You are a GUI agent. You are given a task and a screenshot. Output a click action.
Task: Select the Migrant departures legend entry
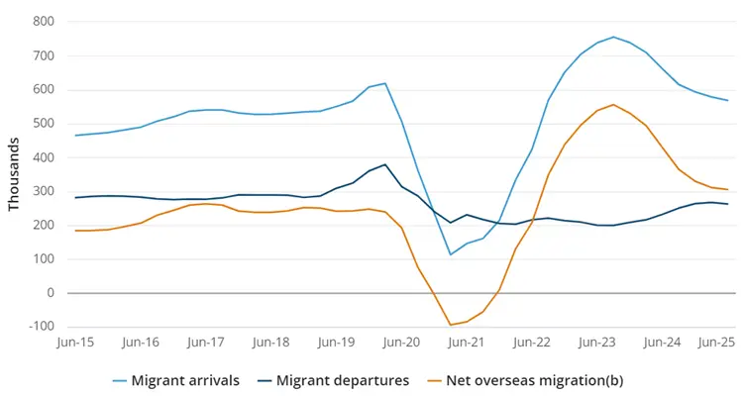pos(343,379)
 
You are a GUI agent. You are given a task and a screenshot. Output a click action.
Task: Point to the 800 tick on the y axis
pos(42,21)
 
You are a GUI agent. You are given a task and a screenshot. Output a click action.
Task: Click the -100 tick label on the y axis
pos(39,327)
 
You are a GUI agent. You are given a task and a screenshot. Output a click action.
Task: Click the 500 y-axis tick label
pos(42,123)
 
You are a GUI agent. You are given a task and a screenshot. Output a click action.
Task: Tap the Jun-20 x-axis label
pos(401,342)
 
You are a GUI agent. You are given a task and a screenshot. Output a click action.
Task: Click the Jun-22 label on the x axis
pos(531,342)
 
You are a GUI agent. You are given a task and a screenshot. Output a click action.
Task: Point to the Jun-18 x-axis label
pos(270,342)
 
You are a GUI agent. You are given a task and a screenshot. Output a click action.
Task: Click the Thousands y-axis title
pos(14,174)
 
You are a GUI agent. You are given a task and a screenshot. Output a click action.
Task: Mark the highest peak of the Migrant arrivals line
pos(613,37)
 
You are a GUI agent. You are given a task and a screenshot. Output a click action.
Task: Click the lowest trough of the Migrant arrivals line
pos(450,254)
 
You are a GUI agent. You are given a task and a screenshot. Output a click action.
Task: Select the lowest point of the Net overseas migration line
pos(450,325)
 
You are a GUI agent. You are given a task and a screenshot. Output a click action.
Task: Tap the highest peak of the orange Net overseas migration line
pos(613,104)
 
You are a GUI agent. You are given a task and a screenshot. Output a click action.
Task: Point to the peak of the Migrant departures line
pos(384,164)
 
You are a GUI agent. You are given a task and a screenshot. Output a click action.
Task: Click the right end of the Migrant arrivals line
pos(728,100)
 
